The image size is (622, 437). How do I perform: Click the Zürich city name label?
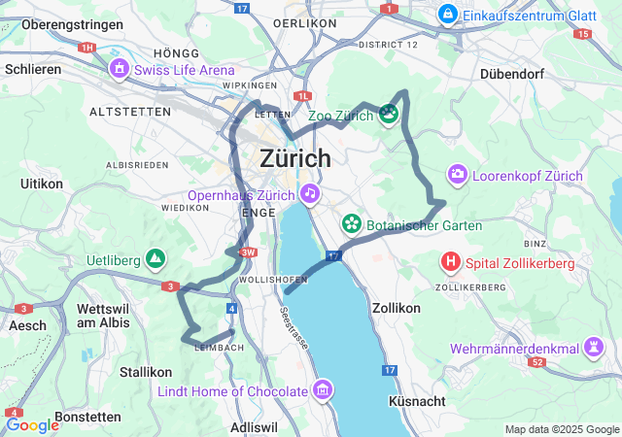(295, 158)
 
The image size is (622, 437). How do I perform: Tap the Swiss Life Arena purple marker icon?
(120, 69)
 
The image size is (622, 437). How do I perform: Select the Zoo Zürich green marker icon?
(389, 116)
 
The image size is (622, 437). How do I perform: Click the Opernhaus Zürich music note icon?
(309, 193)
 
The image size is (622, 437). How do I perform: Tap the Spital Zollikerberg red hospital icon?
(451, 262)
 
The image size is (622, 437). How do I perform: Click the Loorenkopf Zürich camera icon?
(456, 176)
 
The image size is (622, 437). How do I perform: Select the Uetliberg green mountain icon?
(155, 259)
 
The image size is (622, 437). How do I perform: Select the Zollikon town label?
(397, 307)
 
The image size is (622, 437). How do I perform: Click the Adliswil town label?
(254, 426)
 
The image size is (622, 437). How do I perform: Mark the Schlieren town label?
(33, 69)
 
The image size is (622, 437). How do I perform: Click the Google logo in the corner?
(32, 424)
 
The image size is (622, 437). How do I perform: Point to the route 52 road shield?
(537, 362)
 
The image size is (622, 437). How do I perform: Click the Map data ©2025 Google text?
(561, 429)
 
